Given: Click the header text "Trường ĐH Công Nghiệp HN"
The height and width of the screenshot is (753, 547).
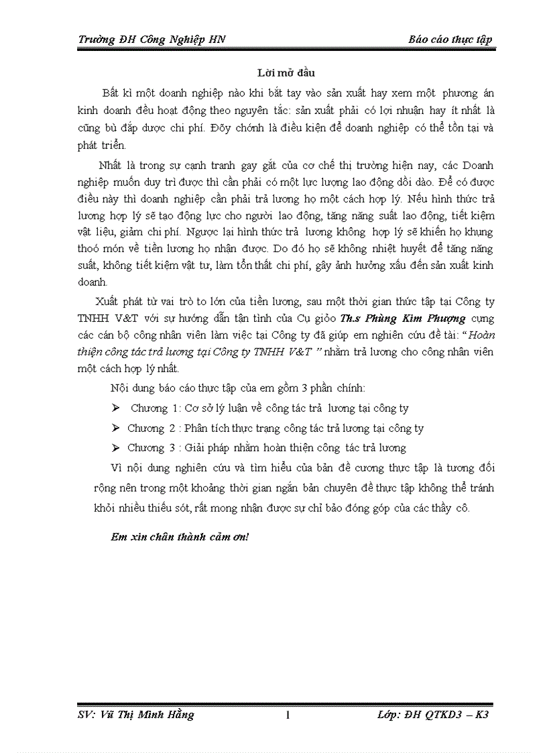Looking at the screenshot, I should [151, 40].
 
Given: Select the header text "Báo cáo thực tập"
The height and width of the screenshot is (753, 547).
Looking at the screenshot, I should [450, 40].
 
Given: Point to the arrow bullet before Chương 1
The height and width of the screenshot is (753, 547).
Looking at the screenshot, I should [116, 408].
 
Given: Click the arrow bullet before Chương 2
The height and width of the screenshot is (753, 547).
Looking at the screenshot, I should [116, 428].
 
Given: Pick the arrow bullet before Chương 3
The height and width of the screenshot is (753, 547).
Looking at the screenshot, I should [116, 448].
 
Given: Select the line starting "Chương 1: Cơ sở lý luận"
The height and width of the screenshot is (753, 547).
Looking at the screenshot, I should [269, 408].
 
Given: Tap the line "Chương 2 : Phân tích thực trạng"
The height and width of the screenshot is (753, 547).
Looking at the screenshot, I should [276, 428].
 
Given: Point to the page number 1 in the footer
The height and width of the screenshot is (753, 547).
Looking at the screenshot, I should [287, 715].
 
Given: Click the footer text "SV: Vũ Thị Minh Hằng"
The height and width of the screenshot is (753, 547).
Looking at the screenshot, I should [136, 715].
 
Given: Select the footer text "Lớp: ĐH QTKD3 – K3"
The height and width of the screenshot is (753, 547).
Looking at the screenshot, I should [432, 715].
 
